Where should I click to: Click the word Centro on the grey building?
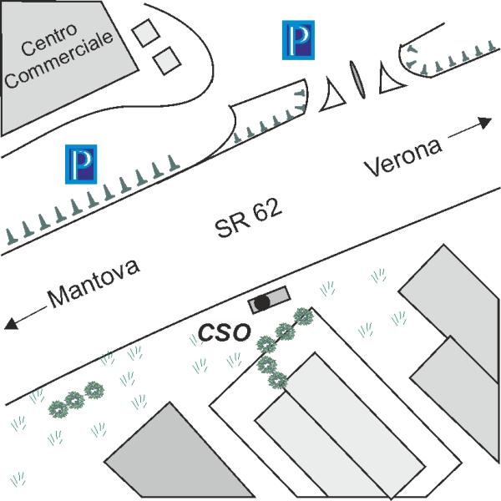pos(49,39)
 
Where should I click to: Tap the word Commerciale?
pos(59,60)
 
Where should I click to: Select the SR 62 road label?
pos(248,218)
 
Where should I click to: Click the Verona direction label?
pos(403,157)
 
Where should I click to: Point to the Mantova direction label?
pos(94,283)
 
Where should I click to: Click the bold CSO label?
pos(224,332)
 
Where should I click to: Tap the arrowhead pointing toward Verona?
pos(485,123)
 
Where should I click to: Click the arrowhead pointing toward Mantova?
pos(11,323)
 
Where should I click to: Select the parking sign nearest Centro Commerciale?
pos(298,40)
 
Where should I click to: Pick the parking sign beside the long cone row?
pos(81,164)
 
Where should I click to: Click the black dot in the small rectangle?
pos(262,302)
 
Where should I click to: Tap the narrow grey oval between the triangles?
pos(357,79)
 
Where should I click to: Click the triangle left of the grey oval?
pos(333,97)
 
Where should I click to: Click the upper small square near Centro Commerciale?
pos(145,33)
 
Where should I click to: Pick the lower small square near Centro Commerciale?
pos(167,61)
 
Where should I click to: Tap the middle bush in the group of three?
pos(75,400)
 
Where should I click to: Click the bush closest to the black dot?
pos(303,316)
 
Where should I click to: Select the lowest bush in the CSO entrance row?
pos(278,380)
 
